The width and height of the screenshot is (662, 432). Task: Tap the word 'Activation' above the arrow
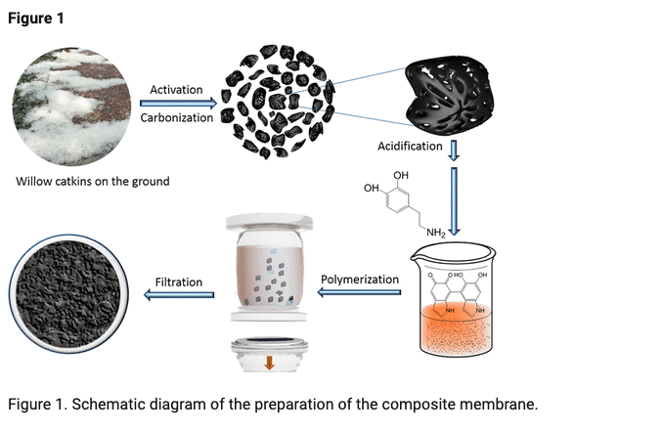tap(176, 90)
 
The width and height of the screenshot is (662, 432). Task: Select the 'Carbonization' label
tap(176, 118)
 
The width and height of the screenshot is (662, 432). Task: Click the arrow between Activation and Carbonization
tap(176, 104)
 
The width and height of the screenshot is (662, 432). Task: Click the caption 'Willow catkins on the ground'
tap(93, 181)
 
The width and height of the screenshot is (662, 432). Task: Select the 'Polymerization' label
tap(360, 280)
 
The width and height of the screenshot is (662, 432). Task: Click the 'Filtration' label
tap(179, 282)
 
